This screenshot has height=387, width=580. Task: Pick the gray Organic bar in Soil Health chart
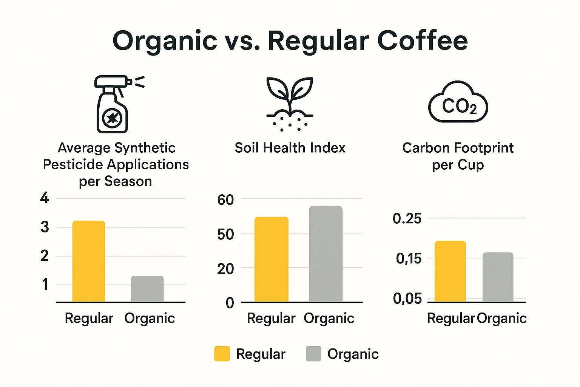tap(325, 254)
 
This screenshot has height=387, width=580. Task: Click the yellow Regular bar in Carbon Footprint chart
tap(450, 271)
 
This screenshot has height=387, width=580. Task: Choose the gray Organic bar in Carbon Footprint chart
tap(498, 277)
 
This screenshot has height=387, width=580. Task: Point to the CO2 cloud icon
tap(458, 102)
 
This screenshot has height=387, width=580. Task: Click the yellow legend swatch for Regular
tap(222, 354)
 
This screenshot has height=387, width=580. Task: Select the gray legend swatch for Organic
tap(313, 354)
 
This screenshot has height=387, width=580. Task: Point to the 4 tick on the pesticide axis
tap(45, 198)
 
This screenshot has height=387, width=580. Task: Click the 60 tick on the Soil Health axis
tap(225, 200)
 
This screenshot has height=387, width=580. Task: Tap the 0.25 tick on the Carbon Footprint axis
tap(407, 218)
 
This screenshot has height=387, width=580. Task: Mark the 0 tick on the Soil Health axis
tap(230, 303)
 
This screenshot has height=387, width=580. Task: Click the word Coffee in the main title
tap(423, 40)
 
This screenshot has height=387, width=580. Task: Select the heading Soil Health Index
tap(290, 148)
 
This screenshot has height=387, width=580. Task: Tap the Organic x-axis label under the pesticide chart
tap(150, 318)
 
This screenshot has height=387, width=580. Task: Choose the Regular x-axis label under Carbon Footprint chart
tap(450, 318)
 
